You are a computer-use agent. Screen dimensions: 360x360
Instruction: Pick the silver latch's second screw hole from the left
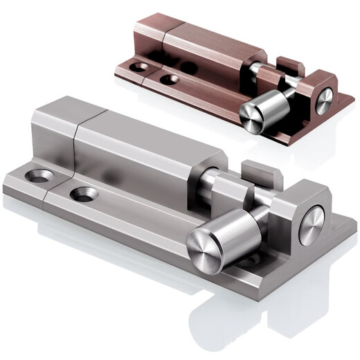tap(83, 195)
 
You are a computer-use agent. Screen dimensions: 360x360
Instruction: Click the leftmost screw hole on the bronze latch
tap(140, 68)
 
